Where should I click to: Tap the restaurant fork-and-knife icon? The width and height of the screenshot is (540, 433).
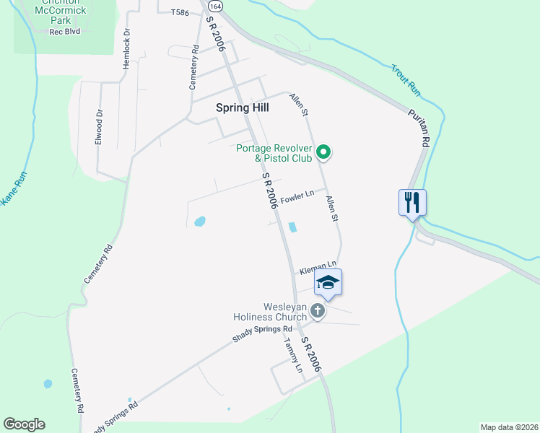412,201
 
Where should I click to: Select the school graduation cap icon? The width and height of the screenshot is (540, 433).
328,282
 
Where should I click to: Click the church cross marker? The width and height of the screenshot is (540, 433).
318,311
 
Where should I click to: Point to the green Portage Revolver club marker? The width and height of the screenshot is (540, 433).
324,152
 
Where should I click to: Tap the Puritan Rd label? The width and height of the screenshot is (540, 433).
419,127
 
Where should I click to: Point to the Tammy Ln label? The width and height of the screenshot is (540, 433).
293,355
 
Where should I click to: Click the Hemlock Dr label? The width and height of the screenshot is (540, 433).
127,46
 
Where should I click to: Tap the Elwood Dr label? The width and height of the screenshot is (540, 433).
100,127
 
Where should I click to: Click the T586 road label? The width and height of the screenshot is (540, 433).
180,13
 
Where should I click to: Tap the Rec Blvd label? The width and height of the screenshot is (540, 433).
65,32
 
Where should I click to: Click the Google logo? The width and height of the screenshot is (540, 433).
24,424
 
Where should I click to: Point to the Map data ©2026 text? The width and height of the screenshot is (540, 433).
508,427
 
